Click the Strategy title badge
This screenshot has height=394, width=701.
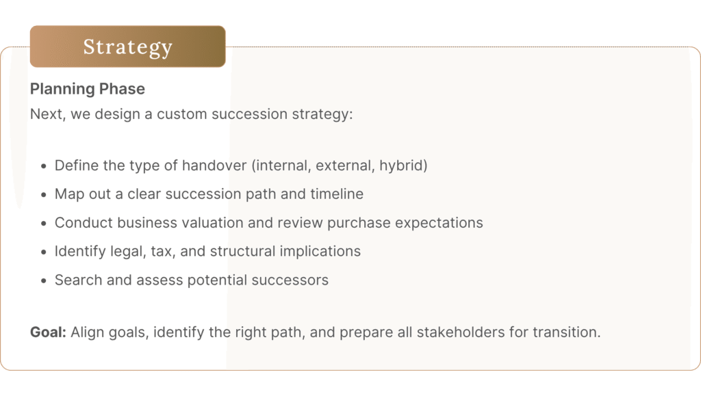coord(128,47)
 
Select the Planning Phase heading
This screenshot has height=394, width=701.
coord(88,89)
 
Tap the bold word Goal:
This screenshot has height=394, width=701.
coord(49,332)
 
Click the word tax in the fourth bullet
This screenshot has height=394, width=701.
coord(162,252)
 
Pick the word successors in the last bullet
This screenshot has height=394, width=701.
coord(290,280)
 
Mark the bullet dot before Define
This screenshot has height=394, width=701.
coord(43,166)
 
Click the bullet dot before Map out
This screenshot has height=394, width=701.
coord(43,195)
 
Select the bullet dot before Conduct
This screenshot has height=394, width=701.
coord(43,224)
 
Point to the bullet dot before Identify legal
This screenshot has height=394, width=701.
coord(43,252)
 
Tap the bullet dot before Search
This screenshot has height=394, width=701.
coord(43,281)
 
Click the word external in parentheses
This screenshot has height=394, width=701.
coord(345,166)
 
